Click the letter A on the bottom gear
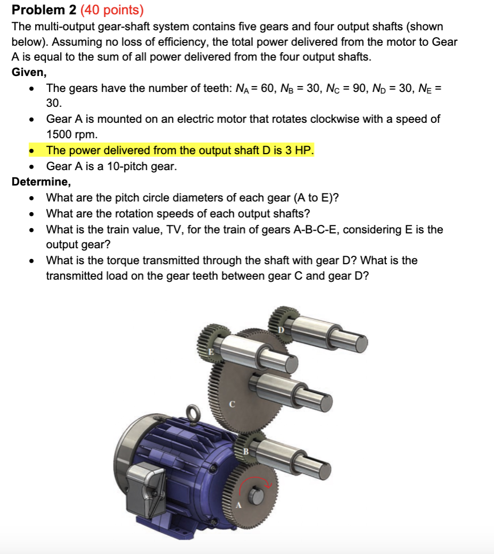coord(238,506)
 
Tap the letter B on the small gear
coord(246,451)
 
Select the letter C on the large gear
coord(232,404)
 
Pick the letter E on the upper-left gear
coord(211,352)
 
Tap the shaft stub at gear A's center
coord(257,494)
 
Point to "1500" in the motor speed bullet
coord(60,135)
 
